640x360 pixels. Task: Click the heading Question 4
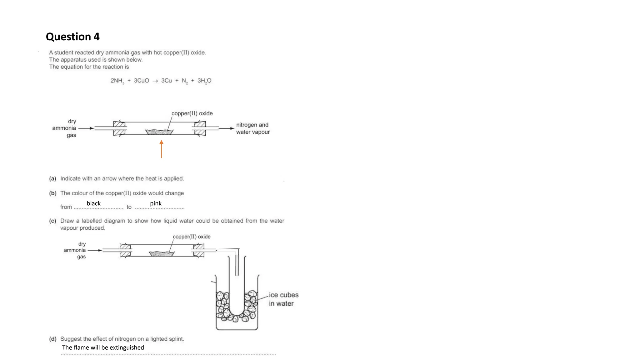pyautogui.click(x=72, y=37)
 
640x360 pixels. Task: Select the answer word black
pyautogui.click(x=93, y=203)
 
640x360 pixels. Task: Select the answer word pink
pyautogui.click(x=156, y=203)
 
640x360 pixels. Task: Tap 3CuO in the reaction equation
pyautogui.click(x=141, y=81)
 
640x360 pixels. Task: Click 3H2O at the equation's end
pyautogui.click(x=204, y=81)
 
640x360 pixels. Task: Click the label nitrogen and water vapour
pyautogui.click(x=252, y=128)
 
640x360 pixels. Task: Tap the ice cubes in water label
pyautogui.click(x=283, y=299)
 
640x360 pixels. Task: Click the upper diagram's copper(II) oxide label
pyautogui.click(x=192, y=113)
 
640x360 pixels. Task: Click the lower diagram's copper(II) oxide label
pyautogui.click(x=192, y=237)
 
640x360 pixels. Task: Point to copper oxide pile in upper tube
pyautogui.click(x=159, y=132)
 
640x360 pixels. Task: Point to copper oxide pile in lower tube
pyautogui.click(x=162, y=254)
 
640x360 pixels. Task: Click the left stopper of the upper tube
pyautogui.click(x=119, y=128)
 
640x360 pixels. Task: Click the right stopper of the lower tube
pyautogui.click(x=198, y=250)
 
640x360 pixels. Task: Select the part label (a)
pyautogui.click(x=52, y=178)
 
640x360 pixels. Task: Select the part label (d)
pyautogui.click(x=52, y=339)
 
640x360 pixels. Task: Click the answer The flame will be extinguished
pyautogui.click(x=103, y=347)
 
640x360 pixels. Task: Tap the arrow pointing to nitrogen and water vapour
pyautogui.click(x=226, y=128)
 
